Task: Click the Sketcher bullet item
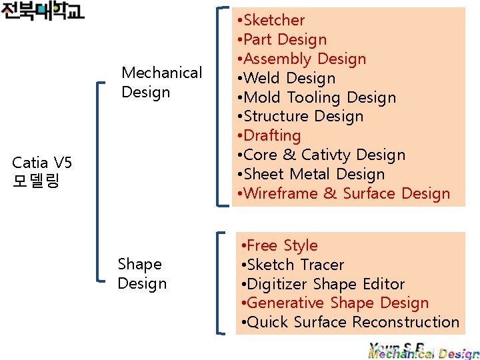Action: [273, 21]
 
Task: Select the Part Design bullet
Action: [285, 40]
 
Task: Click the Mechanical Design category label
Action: [161, 82]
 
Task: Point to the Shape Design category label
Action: [141, 274]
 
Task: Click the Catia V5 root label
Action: [43, 171]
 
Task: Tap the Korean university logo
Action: [43, 11]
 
